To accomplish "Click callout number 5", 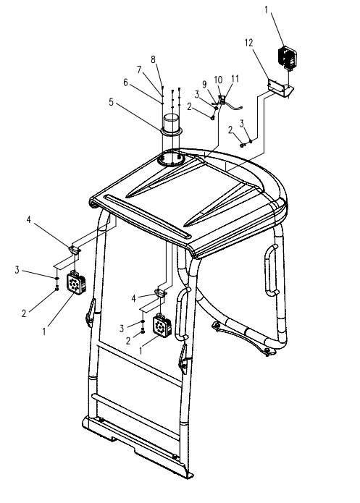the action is (x=111, y=102).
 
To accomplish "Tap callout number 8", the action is (x=153, y=59).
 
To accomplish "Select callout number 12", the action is (x=249, y=43).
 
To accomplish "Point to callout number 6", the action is (x=125, y=83).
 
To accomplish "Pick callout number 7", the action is (x=139, y=69).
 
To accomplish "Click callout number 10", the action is (x=218, y=80).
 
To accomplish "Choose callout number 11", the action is (x=235, y=79).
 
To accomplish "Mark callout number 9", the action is (x=204, y=85).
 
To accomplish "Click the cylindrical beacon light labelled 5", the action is (x=173, y=124).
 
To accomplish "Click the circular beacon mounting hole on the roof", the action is (x=173, y=159).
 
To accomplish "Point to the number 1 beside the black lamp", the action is (x=267, y=10).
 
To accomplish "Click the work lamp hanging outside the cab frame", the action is (x=76, y=282).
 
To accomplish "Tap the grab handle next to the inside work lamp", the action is (x=182, y=313).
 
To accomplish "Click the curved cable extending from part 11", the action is (x=234, y=106).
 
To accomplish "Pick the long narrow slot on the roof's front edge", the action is (x=148, y=216).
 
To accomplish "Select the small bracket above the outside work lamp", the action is (x=75, y=249).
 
